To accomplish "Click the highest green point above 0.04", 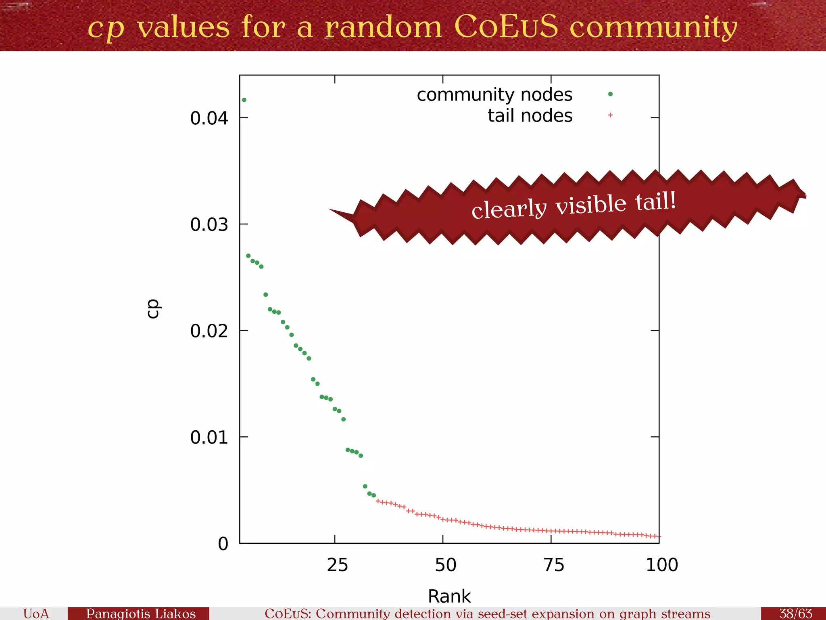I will tap(244, 100).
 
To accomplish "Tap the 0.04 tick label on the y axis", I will tap(209, 118).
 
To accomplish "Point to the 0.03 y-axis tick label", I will tap(209, 224).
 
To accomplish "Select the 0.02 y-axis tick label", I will tap(209, 331).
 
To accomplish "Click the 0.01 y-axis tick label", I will tap(209, 437).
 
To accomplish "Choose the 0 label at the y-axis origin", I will tap(223, 544).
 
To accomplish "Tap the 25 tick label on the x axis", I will tap(337, 565).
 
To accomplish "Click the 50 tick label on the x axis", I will tap(445, 565).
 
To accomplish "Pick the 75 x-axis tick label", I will tap(554, 565).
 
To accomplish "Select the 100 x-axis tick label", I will tap(662, 565).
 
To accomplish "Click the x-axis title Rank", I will tap(449, 596).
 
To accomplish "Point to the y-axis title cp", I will tap(153, 309).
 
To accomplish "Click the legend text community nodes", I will tap(494, 94).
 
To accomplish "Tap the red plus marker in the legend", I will tap(610, 115).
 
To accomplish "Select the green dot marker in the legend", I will tap(610, 94).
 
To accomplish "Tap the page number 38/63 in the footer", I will tap(795, 613).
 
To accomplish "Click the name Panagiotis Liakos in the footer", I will tap(141, 613).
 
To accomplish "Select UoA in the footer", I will tap(36, 613).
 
